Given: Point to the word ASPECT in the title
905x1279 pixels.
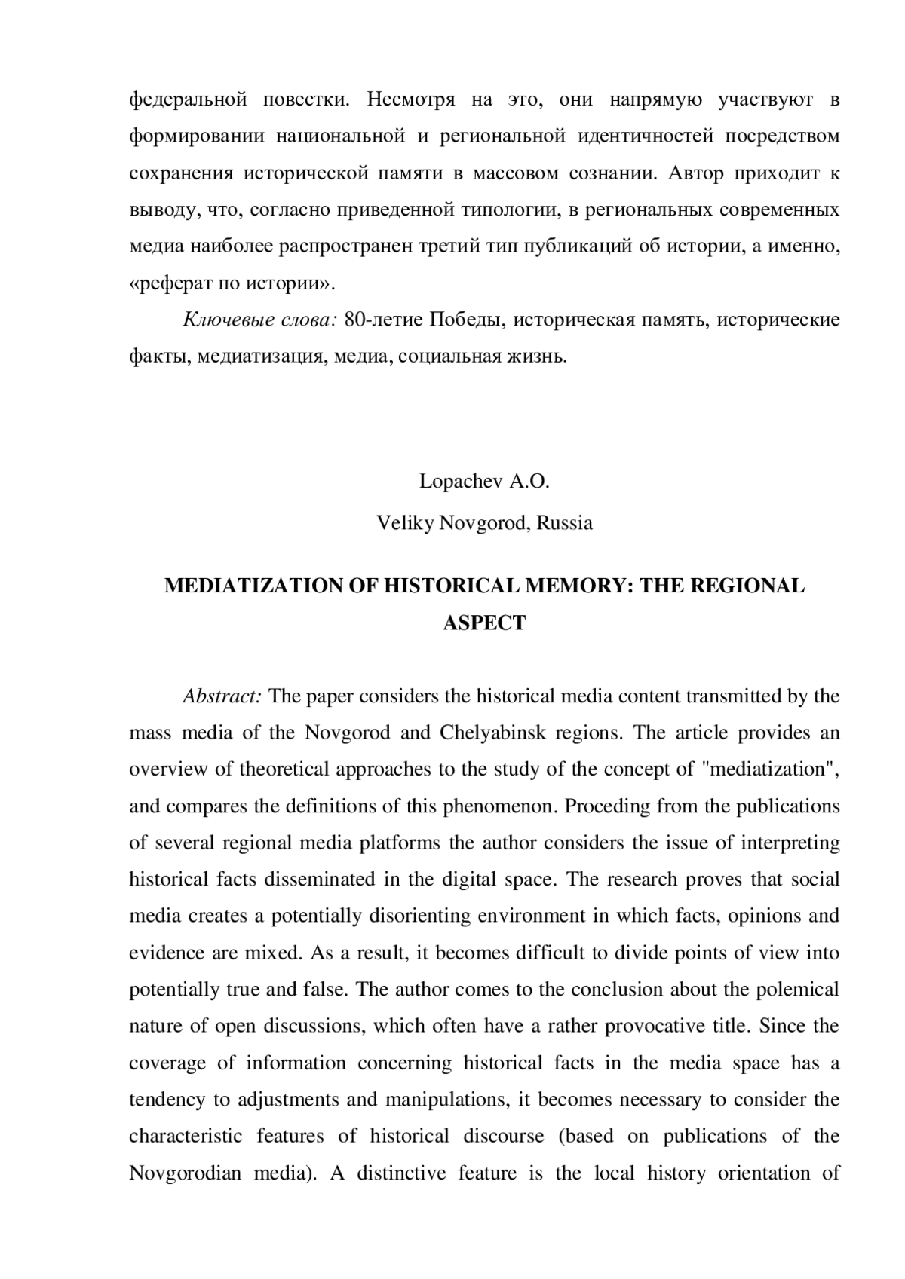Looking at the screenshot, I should [484, 623].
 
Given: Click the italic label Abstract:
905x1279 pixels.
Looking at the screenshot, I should [222, 696].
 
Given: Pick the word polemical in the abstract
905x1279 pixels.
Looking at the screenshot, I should [796, 990].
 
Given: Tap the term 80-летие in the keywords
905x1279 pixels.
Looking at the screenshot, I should [384, 320].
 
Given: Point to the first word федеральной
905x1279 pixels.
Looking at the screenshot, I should [189, 99].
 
